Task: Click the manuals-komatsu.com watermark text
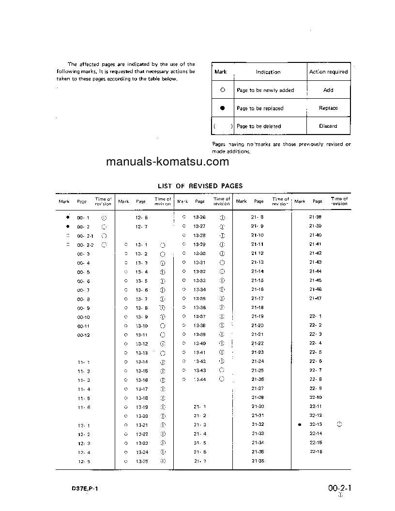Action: pos(167,162)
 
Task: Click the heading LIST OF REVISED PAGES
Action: pos(200,186)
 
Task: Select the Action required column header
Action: pos(328,72)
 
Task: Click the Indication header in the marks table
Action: pos(268,72)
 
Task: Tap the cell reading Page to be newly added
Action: pos(265,90)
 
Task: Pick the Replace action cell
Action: pos(328,108)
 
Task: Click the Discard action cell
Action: pos(328,126)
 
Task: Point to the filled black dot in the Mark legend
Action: pos(223,108)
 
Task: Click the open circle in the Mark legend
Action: pos(223,90)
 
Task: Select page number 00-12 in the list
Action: pos(83,335)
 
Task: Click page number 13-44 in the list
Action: pos(199,379)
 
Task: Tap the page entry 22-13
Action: pos(316,424)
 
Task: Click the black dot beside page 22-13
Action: pos(300,424)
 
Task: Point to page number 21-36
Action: pos(258,461)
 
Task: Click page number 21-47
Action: pos(316,299)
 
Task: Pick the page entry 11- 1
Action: pos(83,362)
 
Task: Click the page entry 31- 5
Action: pos(200,443)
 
